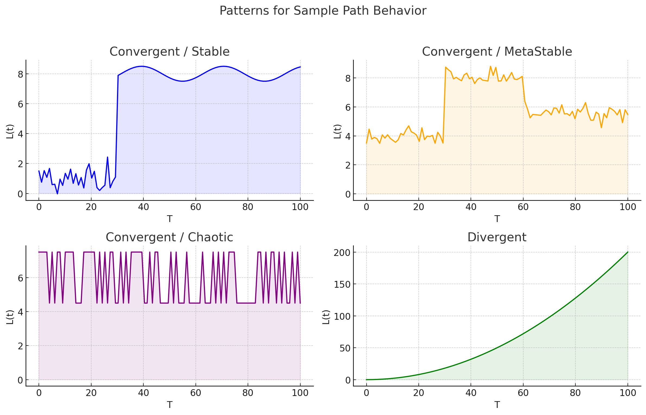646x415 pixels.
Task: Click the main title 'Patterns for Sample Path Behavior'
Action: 323,11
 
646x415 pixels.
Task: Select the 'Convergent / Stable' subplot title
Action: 169,52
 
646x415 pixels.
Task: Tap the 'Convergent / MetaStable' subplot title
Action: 497,52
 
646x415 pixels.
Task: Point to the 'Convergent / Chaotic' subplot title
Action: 169,237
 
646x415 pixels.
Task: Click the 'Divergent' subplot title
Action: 497,237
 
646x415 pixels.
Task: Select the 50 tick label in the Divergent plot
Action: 345,348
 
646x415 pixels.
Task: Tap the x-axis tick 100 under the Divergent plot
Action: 628,393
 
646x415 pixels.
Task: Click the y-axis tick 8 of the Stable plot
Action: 21,74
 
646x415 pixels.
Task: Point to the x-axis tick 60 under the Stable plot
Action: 196,207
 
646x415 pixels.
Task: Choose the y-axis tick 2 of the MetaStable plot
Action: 348,165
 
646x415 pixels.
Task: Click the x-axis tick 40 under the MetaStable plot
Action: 471,207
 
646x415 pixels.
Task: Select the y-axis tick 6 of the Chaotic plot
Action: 21,278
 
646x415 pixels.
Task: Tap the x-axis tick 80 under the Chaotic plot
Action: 248,393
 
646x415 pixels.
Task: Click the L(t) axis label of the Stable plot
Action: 10,131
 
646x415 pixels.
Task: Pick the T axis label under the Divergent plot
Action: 497,405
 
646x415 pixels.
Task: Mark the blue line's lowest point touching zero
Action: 57,194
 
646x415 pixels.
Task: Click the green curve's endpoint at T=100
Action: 628,252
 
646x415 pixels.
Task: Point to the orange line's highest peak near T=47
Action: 490,66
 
